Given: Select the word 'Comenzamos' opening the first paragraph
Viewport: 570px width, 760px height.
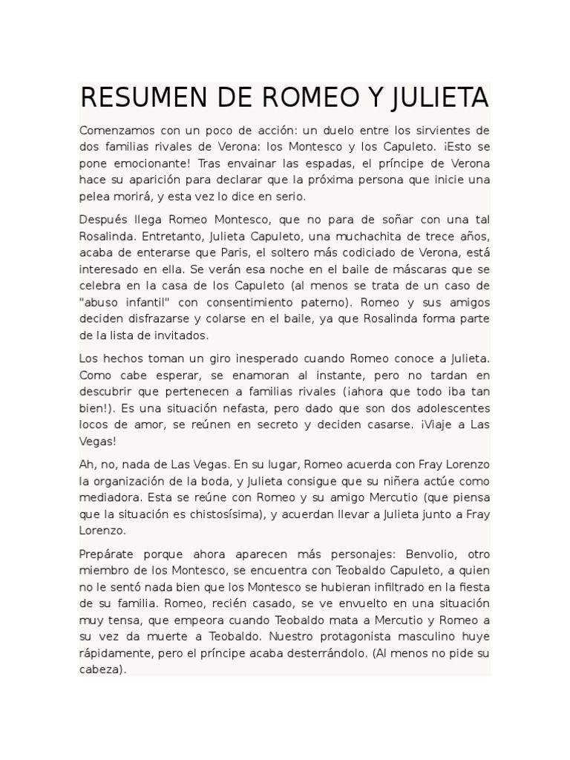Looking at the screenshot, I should click(x=115, y=131).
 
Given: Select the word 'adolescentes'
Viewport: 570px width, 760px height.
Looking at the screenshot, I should click(x=453, y=407).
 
